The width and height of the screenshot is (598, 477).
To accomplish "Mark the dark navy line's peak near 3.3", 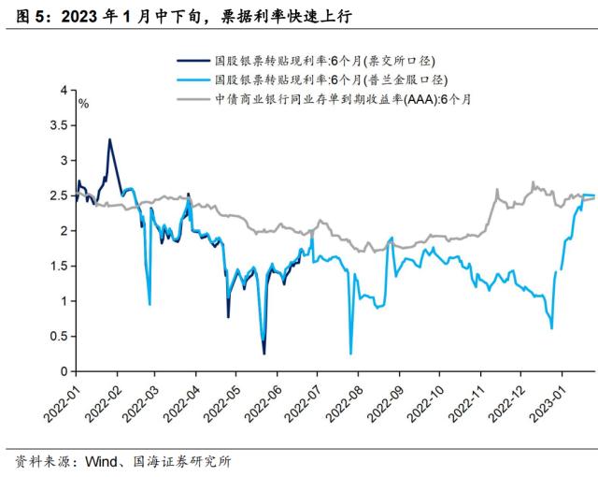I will tap(110, 139).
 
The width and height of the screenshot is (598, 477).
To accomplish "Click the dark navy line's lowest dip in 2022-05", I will tap(264, 354).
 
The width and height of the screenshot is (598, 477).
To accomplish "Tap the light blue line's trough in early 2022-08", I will tap(351, 354).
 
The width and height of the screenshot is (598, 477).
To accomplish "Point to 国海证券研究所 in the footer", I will tap(178, 462).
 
